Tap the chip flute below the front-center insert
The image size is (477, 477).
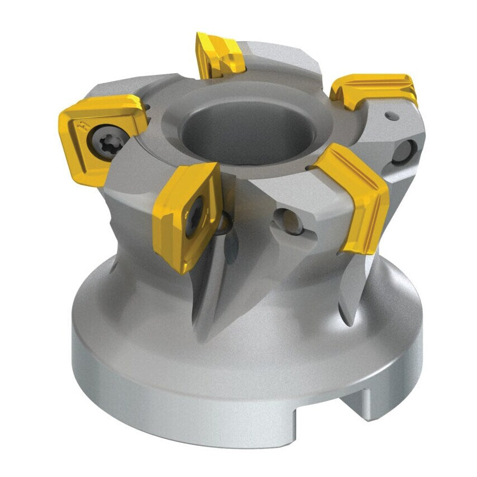coord(212,290)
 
